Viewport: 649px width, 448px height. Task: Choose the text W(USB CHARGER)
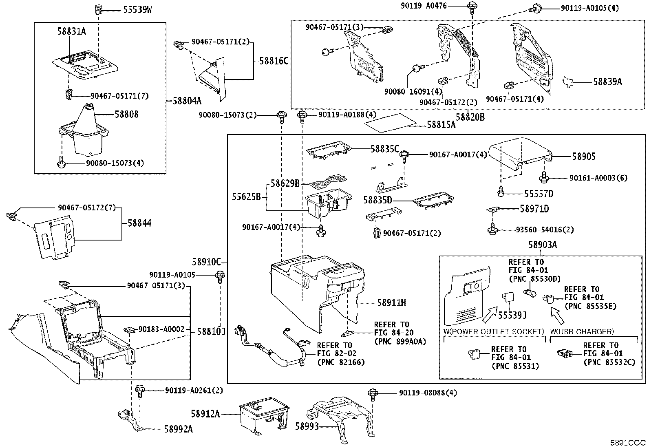582,331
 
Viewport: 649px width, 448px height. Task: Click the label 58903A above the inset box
543,245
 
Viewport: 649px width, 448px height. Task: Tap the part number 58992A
179,429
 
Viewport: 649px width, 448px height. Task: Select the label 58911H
391,303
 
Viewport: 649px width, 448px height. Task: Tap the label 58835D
377,201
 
